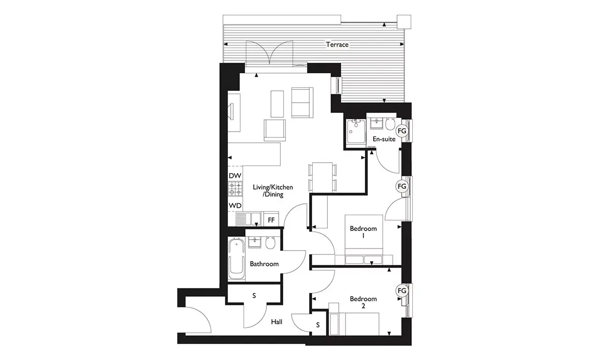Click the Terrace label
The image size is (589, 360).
click(x=337, y=45)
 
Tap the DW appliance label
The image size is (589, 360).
click(x=235, y=175)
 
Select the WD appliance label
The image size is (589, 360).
click(x=235, y=205)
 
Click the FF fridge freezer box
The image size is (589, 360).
click(x=271, y=219)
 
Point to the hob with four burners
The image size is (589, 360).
click(x=235, y=189)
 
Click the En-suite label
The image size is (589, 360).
click(x=384, y=139)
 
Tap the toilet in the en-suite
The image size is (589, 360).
click(x=390, y=124)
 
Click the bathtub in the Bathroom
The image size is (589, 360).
click(x=237, y=258)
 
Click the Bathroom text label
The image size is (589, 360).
click(x=264, y=264)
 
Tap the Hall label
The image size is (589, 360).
click(x=277, y=322)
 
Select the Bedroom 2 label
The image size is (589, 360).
click(x=363, y=303)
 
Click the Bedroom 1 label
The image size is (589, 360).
click(x=363, y=232)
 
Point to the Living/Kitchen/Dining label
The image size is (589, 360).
click(x=273, y=191)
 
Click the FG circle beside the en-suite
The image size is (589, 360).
click(x=402, y=131)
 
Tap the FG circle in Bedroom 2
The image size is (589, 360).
click(x=402, y=291)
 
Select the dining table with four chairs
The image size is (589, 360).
click(x=322, y=177)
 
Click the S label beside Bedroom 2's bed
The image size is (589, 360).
click(x=318, y=325)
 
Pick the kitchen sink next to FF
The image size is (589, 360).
click(x=248, y=219)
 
